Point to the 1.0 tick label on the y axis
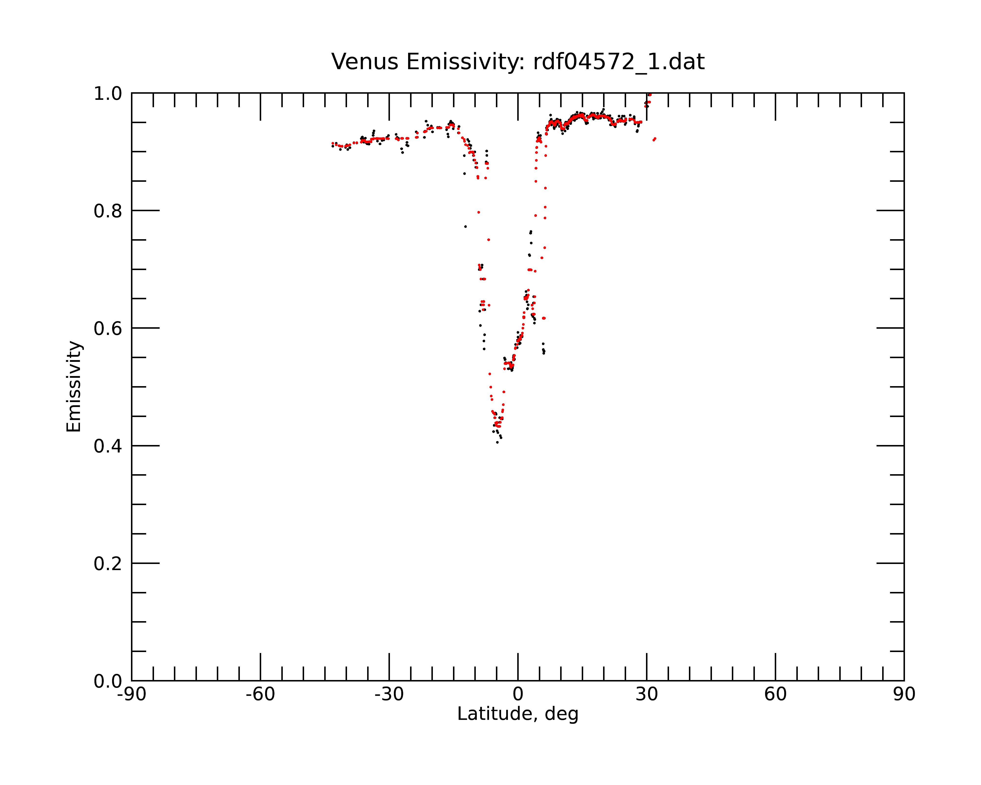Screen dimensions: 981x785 108,94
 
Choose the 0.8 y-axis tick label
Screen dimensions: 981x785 108,211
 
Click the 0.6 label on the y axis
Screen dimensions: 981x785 108,328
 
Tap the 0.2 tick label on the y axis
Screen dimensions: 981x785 108,564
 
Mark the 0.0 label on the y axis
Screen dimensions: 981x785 108,681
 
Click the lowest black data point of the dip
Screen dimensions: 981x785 497,442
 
